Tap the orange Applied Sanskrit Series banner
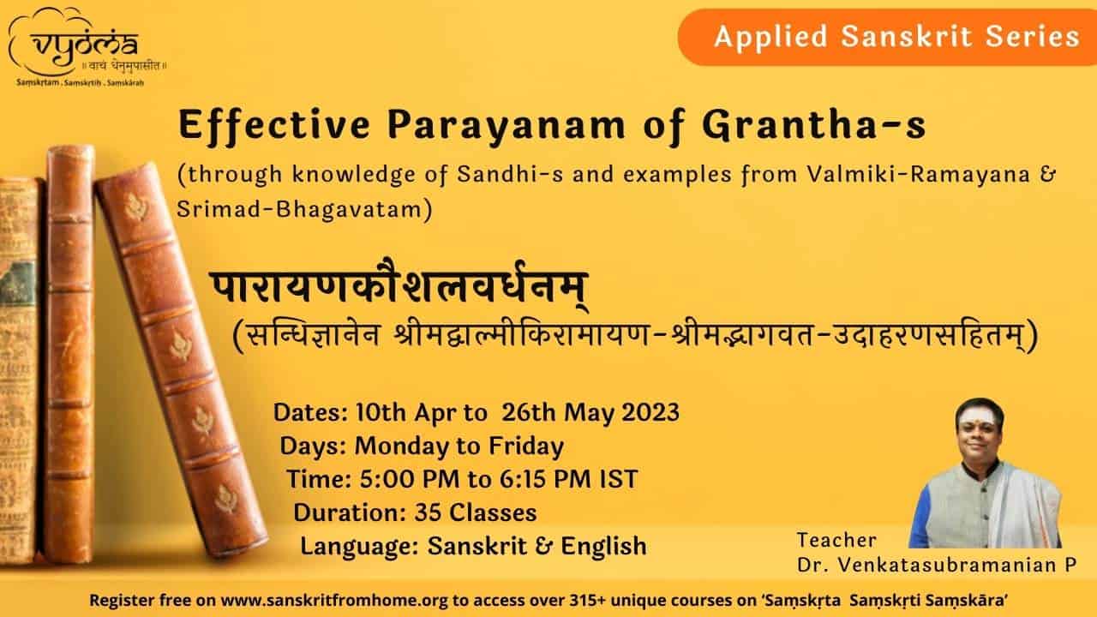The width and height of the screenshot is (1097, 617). [x=887, y=37]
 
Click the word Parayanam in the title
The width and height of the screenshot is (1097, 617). [x=507, y=126]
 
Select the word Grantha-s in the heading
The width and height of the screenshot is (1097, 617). [x=814, y=125]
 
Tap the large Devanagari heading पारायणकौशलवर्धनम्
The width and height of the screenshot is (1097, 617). [x=399, y=286]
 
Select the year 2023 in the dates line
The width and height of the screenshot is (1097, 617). [x=650, y=412]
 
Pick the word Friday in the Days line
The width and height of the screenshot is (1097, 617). [x=526, y=447]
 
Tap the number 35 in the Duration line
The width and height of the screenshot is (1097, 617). [x=428, y=513]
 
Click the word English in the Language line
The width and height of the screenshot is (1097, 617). [x=603, y=547]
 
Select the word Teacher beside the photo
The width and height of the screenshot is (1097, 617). [x=836, y=540]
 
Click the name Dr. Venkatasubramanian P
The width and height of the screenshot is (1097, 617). [x=937, y=565]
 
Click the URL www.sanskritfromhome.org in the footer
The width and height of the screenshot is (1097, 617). [x=334, y=601]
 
